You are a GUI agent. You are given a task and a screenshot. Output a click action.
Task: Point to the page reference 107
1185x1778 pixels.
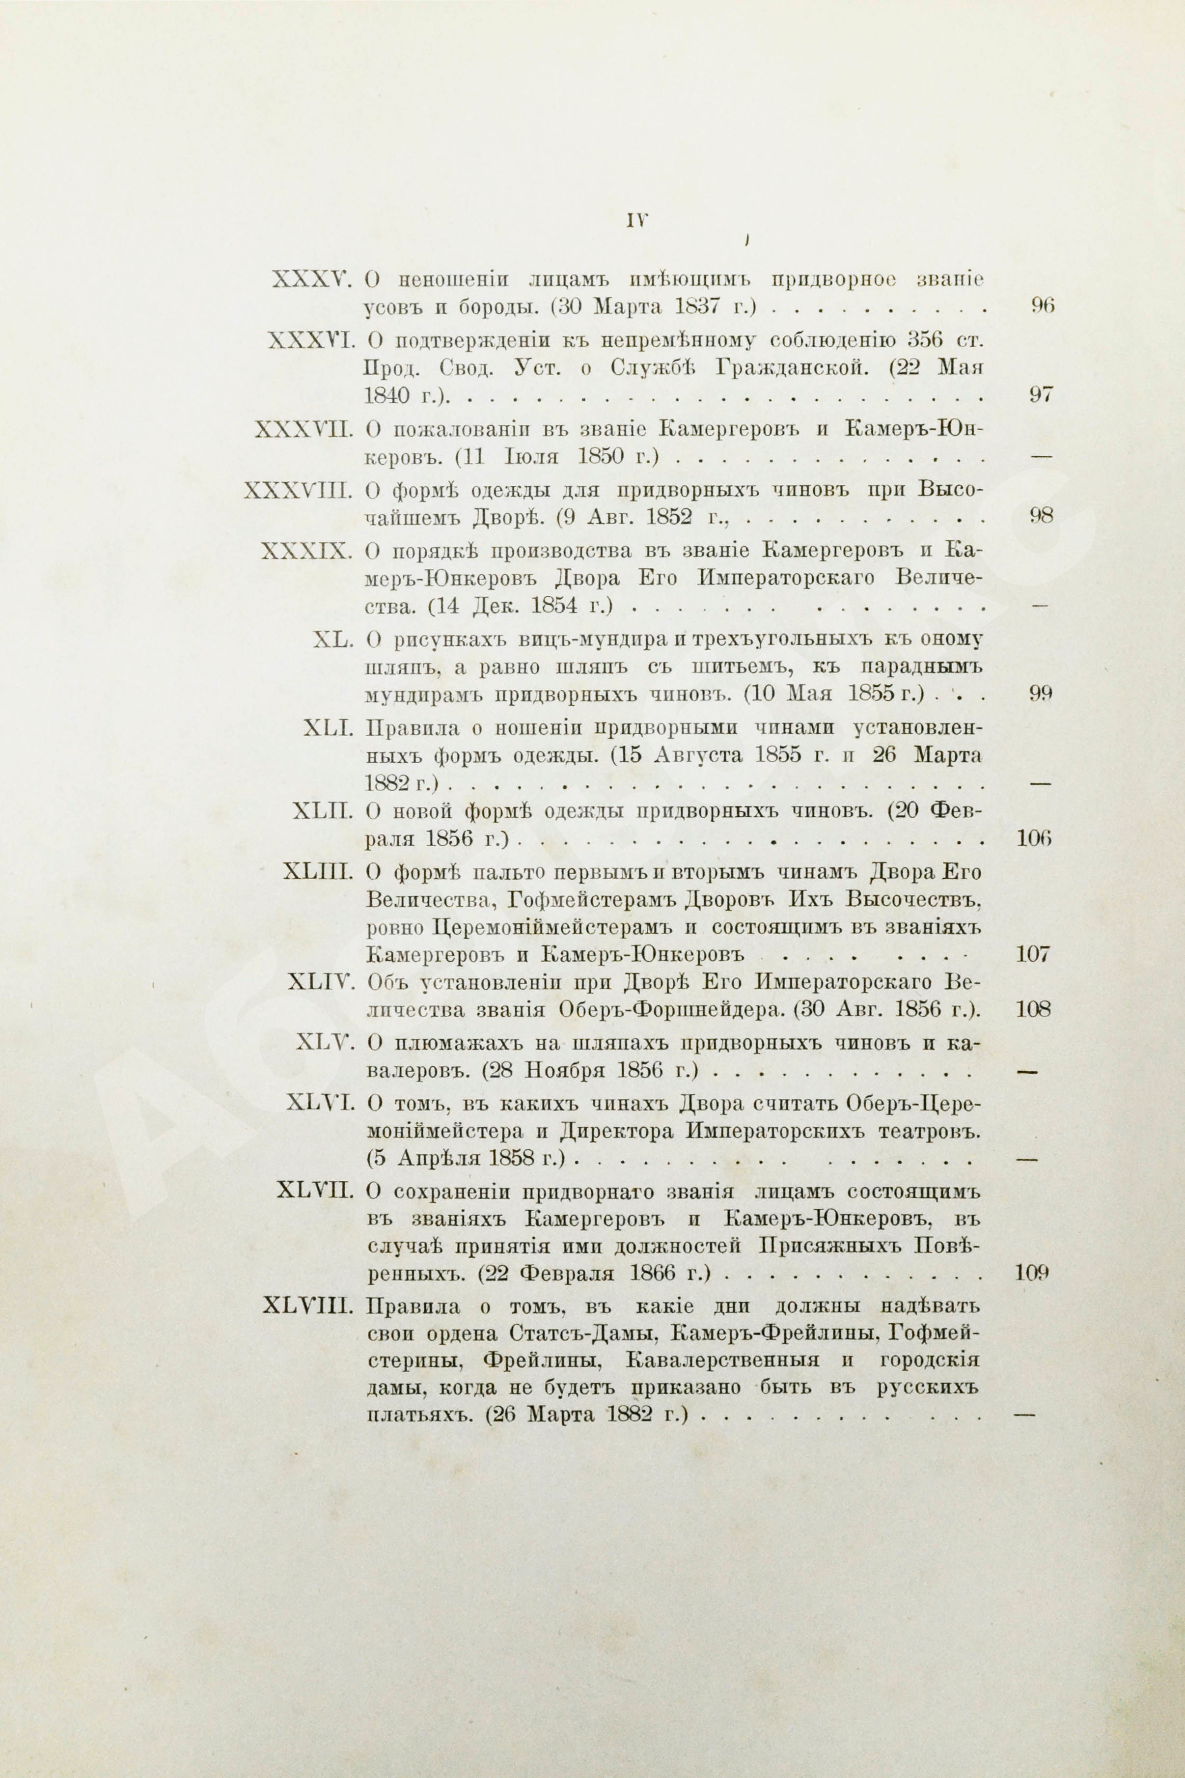click(1032, 954)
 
